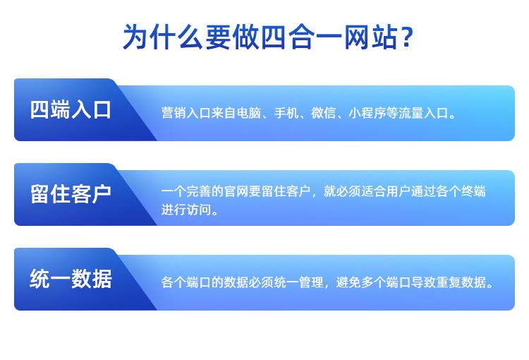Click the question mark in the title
[x=407, y=37]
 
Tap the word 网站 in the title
[x=370, y=37]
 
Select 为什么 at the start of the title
[x=163, y=37]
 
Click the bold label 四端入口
[x=71, y=109]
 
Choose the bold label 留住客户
[x=71, y=194]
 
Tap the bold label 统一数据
[x=71, y=279]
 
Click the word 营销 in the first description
[x=174, y=113]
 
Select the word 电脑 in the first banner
[x=249, y=113]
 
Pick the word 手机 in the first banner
[x=286, y=113]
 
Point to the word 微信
[x=323, y=113]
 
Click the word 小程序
[x=367, y=113]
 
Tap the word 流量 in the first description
[x=411, y=113]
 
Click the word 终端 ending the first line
[x=473, y=191]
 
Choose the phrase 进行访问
[x=186, y=210]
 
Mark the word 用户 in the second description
[x=398, y=191]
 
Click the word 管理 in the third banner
[x=311, y=282]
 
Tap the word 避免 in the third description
[x=348, y=282]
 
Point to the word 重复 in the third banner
[x=449, y=282]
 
